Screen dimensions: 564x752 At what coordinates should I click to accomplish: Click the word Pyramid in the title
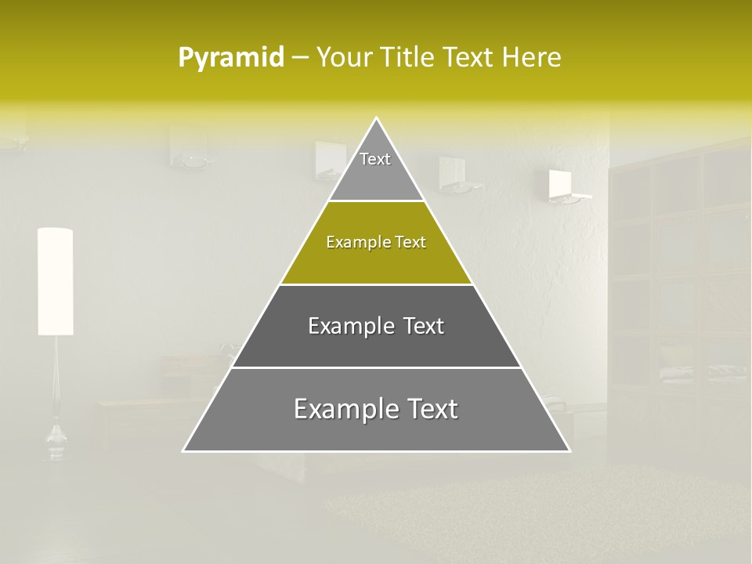(231, 58)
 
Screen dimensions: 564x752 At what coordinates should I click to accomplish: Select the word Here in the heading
(533, 58)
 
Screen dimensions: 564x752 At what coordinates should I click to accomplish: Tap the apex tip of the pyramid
(376, 119)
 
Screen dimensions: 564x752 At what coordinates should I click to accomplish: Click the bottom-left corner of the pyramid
(185, 450)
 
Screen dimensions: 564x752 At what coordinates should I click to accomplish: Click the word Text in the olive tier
(410, 242)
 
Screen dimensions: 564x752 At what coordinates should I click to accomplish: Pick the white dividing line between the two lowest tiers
(376, 367)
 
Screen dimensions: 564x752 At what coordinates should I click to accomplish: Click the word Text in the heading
(467, 58)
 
